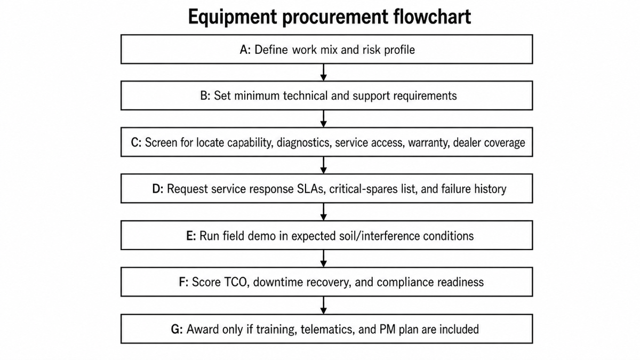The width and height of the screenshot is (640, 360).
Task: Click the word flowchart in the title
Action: click(x=432, y=17)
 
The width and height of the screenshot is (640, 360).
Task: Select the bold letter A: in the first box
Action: click(x=245, y=50)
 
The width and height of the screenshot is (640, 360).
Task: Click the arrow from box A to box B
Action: click(x=323, y=73)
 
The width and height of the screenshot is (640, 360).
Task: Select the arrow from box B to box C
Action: click(x=323, y=118)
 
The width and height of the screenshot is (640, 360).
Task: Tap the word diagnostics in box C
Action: click(x=304, y=143)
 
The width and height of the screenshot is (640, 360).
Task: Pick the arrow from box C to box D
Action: click(x=323, y=165)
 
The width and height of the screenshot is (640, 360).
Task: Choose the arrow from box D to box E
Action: click(x=323, y=212)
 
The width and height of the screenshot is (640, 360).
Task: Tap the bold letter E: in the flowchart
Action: click(x=191, y=236)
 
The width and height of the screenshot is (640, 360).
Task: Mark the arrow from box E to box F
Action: click(x=323, y=259)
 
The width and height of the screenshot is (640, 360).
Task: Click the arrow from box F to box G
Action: click(x=323, y=306)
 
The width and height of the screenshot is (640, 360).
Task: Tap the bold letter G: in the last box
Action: click(x=177, y=330)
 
